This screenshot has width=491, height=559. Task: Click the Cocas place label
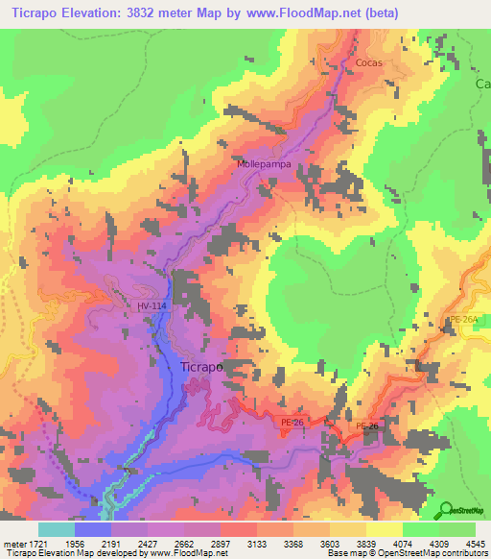point(369,62)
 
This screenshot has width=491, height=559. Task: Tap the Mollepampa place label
point(264,164)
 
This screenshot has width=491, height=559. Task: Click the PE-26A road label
point(463,319)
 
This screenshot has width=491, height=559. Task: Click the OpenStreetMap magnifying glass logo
point(446,508)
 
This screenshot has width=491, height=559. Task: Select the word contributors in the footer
point(463,553)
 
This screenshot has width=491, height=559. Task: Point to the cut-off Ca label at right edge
point(482,84)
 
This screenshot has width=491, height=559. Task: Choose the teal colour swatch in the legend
point(57,529)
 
